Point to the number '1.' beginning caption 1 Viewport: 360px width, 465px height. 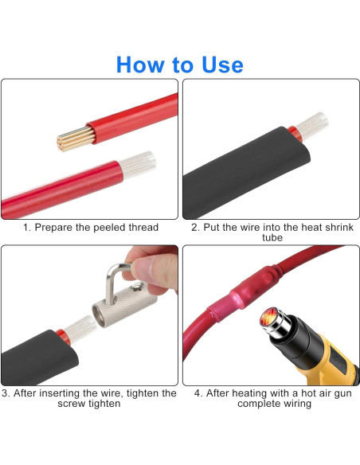[x=27, y=228]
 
